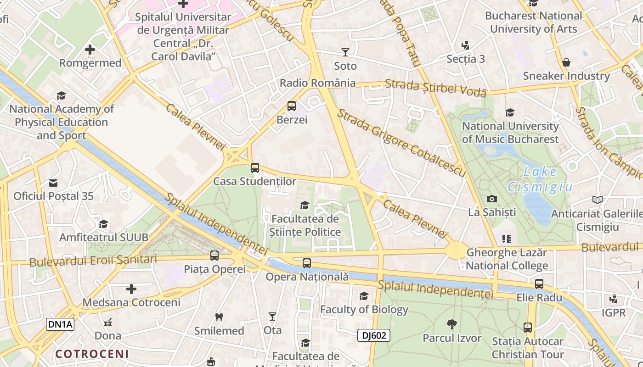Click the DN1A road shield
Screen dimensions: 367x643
(x=60, y=324)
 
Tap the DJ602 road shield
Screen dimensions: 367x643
(x=374, y=335)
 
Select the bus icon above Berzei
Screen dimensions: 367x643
(x=291, y=106)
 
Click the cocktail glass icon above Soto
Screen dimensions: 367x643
(x=345, y=52)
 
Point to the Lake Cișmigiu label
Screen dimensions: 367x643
(x=540, y=179)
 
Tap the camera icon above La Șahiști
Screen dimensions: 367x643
(x=492, y=199)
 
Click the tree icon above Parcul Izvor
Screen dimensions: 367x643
(x=452, y=324)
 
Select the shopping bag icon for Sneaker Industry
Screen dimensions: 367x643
(x=566, y=62)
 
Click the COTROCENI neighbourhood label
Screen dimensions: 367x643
(x=92, y=354)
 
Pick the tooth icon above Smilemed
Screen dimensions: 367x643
(x=219, y=317)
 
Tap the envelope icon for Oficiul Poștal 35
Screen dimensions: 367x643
(x=53, y=183)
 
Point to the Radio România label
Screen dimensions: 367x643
(x=318, y=83)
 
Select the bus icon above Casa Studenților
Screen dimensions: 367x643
(x=255, y=168)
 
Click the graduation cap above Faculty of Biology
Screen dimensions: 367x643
(x=364, y=296)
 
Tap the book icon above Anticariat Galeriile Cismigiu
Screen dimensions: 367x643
(x=597, y=200)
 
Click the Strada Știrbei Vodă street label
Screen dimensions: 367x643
(x=435, y=88)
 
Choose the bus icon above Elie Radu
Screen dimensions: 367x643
(x=539, y=284)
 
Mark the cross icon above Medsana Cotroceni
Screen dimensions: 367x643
(x=131, y=289)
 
